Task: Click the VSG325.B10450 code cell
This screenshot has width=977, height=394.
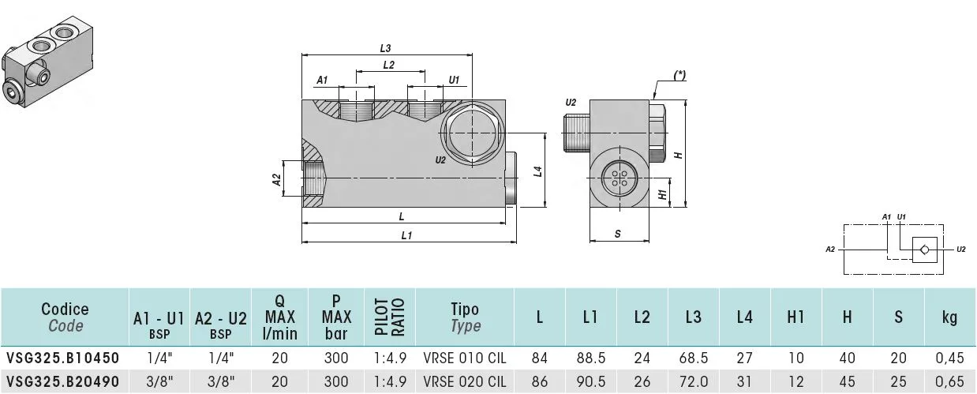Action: tap(63, 358)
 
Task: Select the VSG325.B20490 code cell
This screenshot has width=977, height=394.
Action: tap(63, 381)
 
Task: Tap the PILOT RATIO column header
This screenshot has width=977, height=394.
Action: tap(390, 317)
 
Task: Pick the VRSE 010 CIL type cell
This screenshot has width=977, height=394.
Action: tap(465, 358)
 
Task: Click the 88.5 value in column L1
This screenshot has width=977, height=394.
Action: tap(591, 358)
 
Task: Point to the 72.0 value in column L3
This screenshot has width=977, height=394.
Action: tap(694, 381)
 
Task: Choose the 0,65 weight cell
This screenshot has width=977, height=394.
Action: tap(949, 381)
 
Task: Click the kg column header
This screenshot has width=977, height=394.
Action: tap(949, 317)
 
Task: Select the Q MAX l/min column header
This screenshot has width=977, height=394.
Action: tap(279, 317)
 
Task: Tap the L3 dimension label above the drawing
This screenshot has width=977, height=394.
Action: tap(385, 48)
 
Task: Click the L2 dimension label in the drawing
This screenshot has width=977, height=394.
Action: tap(388, 65)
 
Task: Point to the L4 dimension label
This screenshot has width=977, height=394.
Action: tap(537, 171)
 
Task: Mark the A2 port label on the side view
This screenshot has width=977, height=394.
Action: tap(276, 179)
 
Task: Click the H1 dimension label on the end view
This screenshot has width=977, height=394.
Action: tap(662, 194)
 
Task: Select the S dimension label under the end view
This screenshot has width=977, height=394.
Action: tap(617, 234)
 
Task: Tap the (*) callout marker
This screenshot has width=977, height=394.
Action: tap(679, 76)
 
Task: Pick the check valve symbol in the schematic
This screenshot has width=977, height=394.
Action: tap(925, 250)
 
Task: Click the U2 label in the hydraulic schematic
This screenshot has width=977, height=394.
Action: tap(961, 250)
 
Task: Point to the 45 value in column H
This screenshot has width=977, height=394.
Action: tap(847, 381)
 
